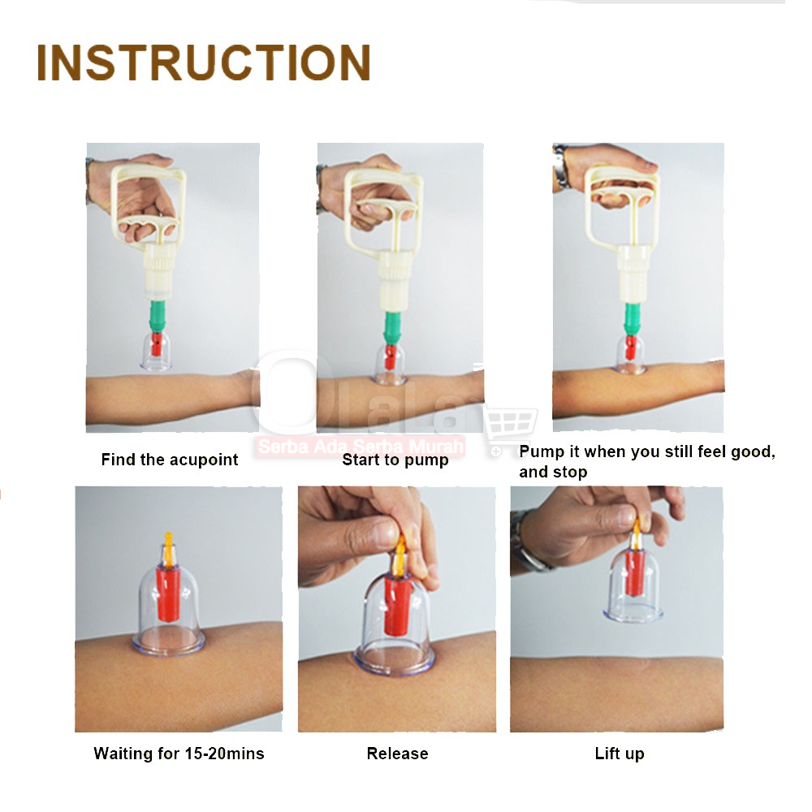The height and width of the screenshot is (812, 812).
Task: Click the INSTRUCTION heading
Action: tap(204, 63)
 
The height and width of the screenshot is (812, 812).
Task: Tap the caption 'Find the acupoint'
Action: tap(170, 460)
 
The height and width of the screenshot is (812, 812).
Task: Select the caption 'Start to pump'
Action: tap(395, 460)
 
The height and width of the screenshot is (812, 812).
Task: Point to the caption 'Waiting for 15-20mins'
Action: tap(179, 753)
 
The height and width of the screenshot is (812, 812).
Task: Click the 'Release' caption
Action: tap(397, 753)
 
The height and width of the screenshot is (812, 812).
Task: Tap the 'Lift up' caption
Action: tap(620, 754)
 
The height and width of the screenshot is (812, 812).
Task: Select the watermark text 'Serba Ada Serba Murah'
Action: tap(361, 447)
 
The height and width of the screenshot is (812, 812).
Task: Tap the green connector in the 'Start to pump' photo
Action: tap(393, 327)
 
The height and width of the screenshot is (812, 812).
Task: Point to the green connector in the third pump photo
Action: tap(632, 318)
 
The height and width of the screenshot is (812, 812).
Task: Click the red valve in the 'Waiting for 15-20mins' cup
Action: tap(167, 594)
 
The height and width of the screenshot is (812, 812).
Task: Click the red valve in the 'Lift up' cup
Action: tap(635, 572)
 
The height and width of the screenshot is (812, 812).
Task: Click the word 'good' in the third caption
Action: tap(753, 452)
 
